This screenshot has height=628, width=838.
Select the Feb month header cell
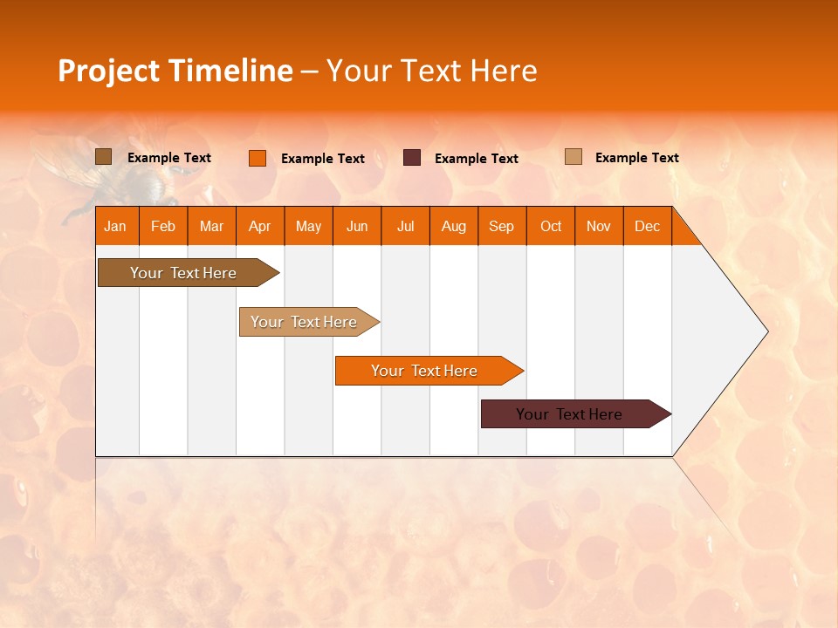[x=163, y=226]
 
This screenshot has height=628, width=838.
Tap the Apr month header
[x=260, y=226]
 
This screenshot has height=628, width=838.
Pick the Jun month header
[x=357, y=226]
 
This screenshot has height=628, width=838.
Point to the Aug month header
[x=454, y=226]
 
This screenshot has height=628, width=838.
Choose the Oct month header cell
[x=551, y=226]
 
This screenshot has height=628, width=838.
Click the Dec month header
[x=648, y=226]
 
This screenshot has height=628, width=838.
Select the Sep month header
[x=502, y=226]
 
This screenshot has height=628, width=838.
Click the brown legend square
[x=104, y=157]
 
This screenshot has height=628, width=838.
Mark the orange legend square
[x=258, y=158]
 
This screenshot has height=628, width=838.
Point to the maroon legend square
[x=412, y=158]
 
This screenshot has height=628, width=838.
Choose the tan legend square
[x=574, y=157]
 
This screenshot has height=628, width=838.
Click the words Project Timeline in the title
[x=175, y=71]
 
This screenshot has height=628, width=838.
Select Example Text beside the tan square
[x=636, y=158]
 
